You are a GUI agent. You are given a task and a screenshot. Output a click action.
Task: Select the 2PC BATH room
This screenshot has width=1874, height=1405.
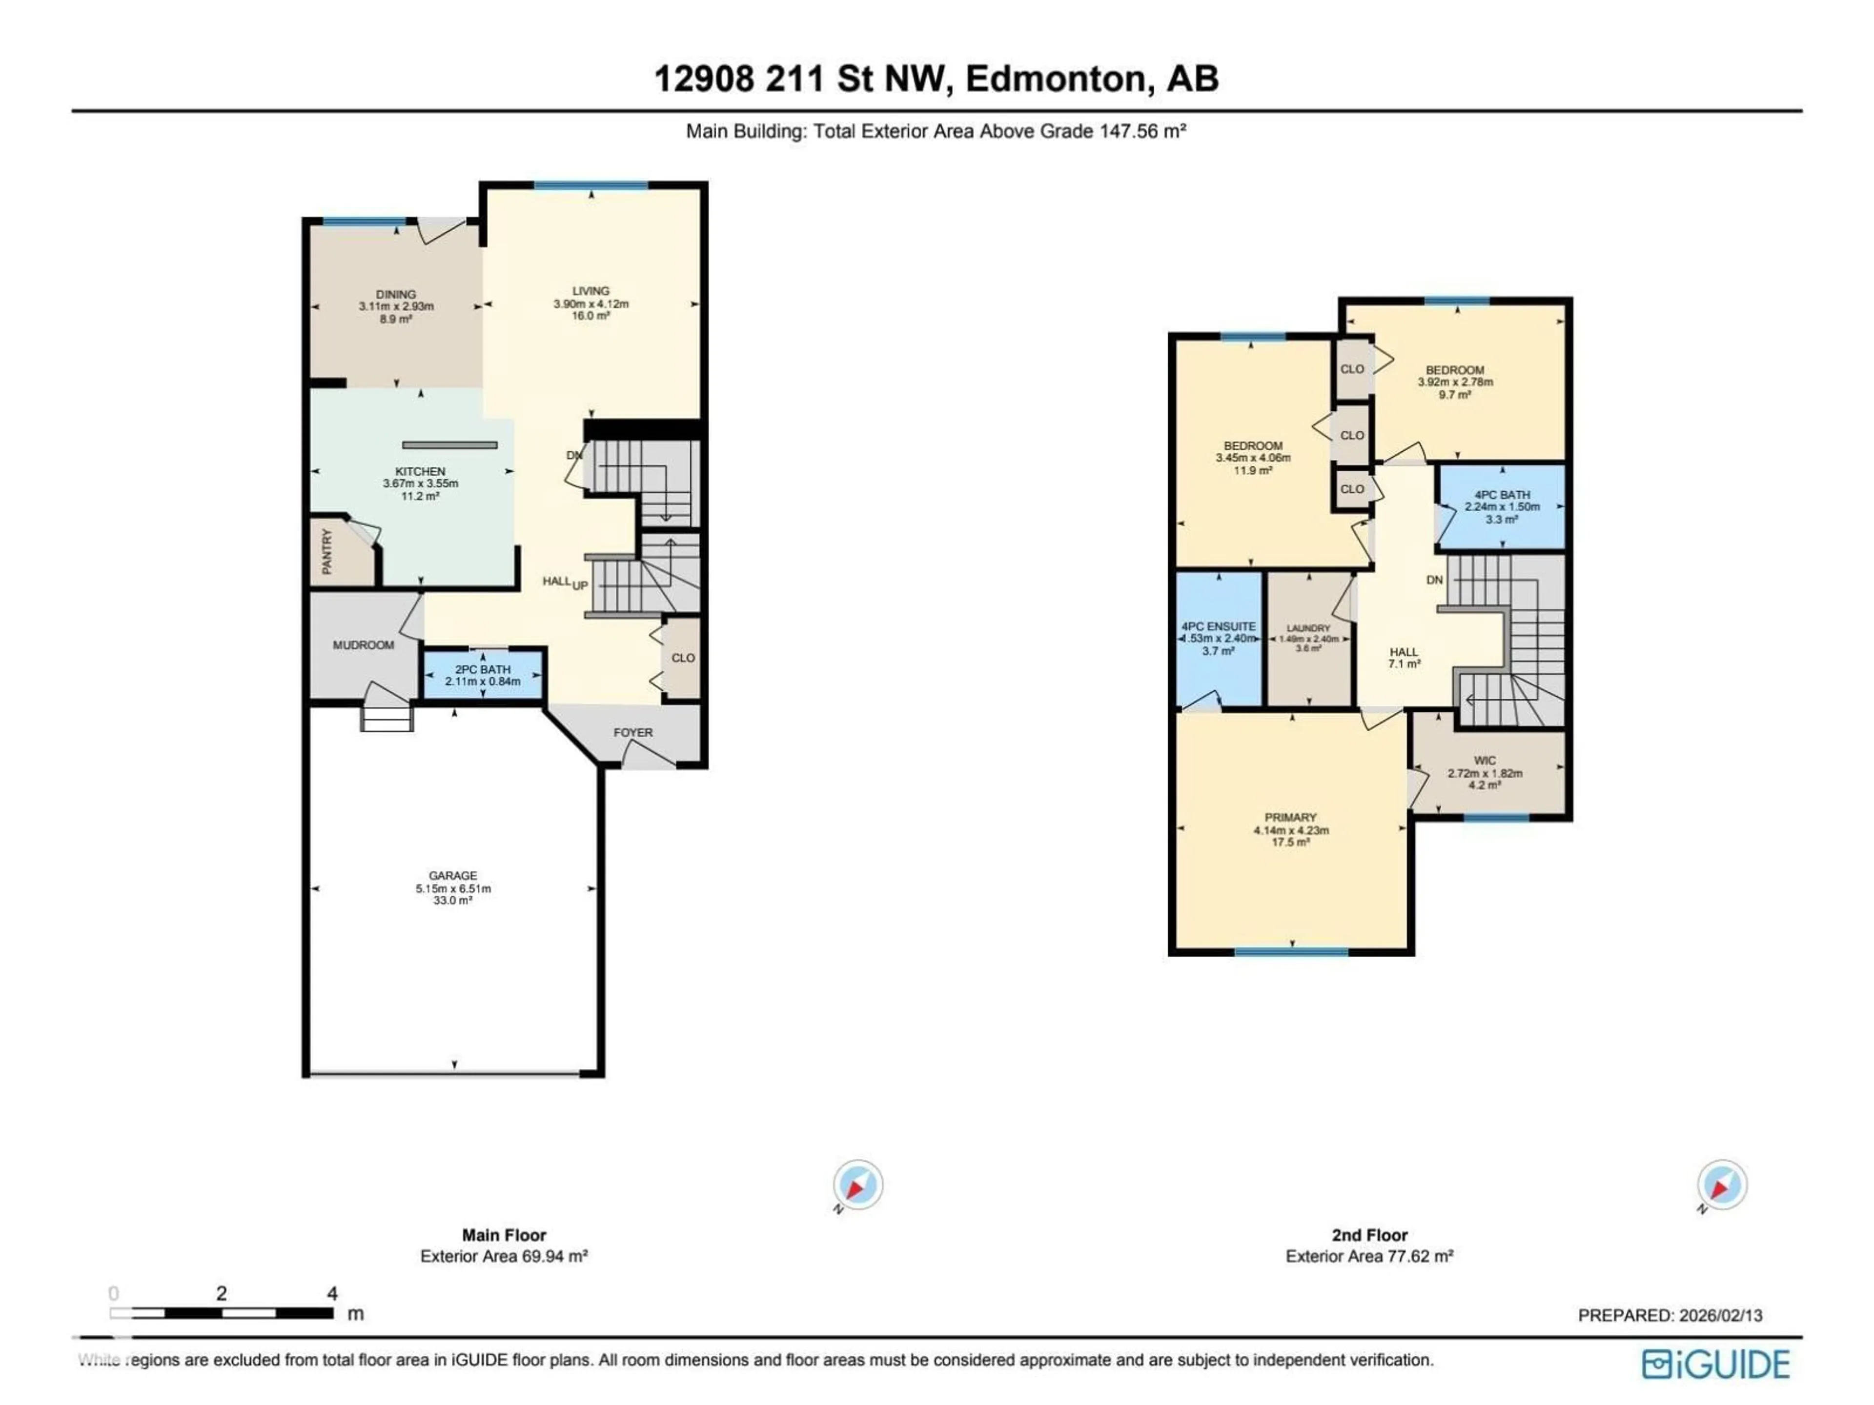coord(483,675)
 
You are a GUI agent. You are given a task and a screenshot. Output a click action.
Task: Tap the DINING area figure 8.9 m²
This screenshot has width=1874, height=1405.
coord(396,319)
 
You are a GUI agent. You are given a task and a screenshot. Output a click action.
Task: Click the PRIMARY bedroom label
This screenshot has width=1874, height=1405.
coord(1290,817)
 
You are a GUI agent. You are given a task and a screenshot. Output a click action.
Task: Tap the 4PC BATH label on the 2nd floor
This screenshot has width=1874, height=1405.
coord(1502,495)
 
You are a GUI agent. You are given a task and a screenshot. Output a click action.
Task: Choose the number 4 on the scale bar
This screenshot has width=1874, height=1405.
coord(332,1293)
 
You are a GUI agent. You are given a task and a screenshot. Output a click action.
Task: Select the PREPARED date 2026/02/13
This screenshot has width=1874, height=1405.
coord(1718,1315)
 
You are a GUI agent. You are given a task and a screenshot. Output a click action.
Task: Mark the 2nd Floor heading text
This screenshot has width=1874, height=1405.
coord(1369,1235)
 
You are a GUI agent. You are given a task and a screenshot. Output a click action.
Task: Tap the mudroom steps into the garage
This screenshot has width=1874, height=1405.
coord(387,718)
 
